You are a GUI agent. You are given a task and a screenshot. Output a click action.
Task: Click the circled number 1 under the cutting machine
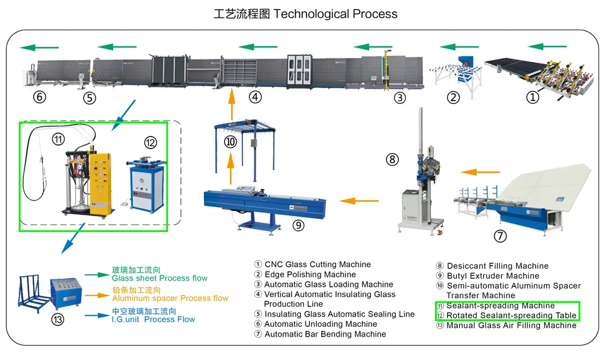pyautogui.click(x=532, y=98)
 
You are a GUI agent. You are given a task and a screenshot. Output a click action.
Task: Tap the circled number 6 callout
pyautogui.click(x=39, y=97)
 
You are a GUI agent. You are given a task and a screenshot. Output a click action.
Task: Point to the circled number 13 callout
pyautogui.click(x=57, y=319)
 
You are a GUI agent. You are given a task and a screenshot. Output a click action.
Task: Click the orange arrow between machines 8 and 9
pyautogui.click(x=359, y=201)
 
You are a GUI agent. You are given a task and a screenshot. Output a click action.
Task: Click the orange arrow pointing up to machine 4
pyautogui.click(x=232, y=105)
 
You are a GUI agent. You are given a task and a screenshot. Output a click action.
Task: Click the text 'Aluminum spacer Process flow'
pyautogui.click(x=170, y=298)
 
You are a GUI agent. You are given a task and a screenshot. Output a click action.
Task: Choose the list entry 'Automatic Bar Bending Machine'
pyautogui.click(x=325, y=334)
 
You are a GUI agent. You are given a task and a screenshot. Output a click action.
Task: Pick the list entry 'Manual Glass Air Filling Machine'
pyautogui.click(x=511, y=326)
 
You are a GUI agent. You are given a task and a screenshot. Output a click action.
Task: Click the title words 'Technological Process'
pyautogui.click(x=335, y=14)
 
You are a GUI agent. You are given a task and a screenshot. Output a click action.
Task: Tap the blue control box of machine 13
pyautogui.click(x=66, y=291)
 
